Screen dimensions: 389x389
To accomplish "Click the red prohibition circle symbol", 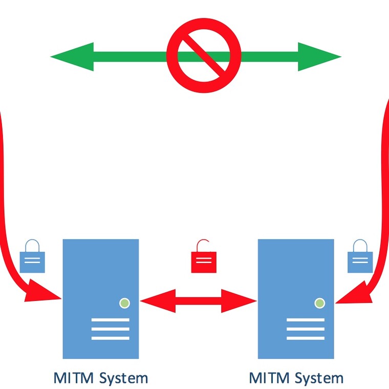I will point(204,56).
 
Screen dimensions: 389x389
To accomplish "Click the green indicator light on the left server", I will point(124,303).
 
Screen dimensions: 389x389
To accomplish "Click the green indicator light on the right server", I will point(320,303).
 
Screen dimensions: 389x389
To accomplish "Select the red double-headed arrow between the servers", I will point(198,301).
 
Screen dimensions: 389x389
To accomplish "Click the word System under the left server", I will point(123,379).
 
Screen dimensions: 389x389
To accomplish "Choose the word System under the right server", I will point(318,379).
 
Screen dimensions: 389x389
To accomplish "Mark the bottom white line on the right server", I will point(306,338).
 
